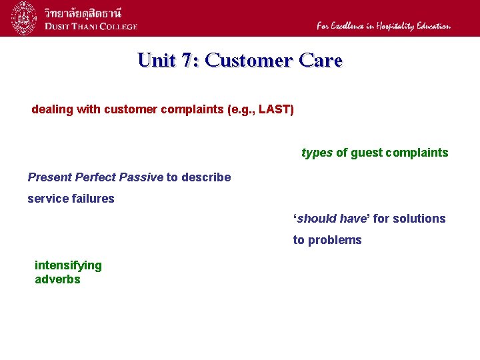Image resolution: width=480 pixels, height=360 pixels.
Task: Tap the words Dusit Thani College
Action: tap(91, 27)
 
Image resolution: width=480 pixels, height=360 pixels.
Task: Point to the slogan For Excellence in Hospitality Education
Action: tap(383, 26)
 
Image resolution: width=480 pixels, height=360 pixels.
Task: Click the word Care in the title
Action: tap(321, 60)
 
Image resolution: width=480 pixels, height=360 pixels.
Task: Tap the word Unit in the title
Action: tap(157, 60)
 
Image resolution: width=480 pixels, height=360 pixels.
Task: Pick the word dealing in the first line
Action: tap(52, 109)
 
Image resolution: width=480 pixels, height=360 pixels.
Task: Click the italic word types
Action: tap(317, 153)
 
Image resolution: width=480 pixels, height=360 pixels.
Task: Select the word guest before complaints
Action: tap(367, 153)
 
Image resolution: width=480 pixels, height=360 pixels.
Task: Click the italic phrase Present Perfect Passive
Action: tap(95, 177)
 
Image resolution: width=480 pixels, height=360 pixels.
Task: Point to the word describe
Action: tap(206, 177)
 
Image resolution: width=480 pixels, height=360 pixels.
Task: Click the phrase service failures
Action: tap(71, 199)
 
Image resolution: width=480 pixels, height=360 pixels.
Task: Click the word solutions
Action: tap(420, 219)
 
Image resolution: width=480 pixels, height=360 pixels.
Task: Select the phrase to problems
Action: tap(327, 240)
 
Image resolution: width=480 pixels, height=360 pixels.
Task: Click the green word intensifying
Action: tap(68, 265)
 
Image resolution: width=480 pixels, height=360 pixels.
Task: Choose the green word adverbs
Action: tap(57, 279)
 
